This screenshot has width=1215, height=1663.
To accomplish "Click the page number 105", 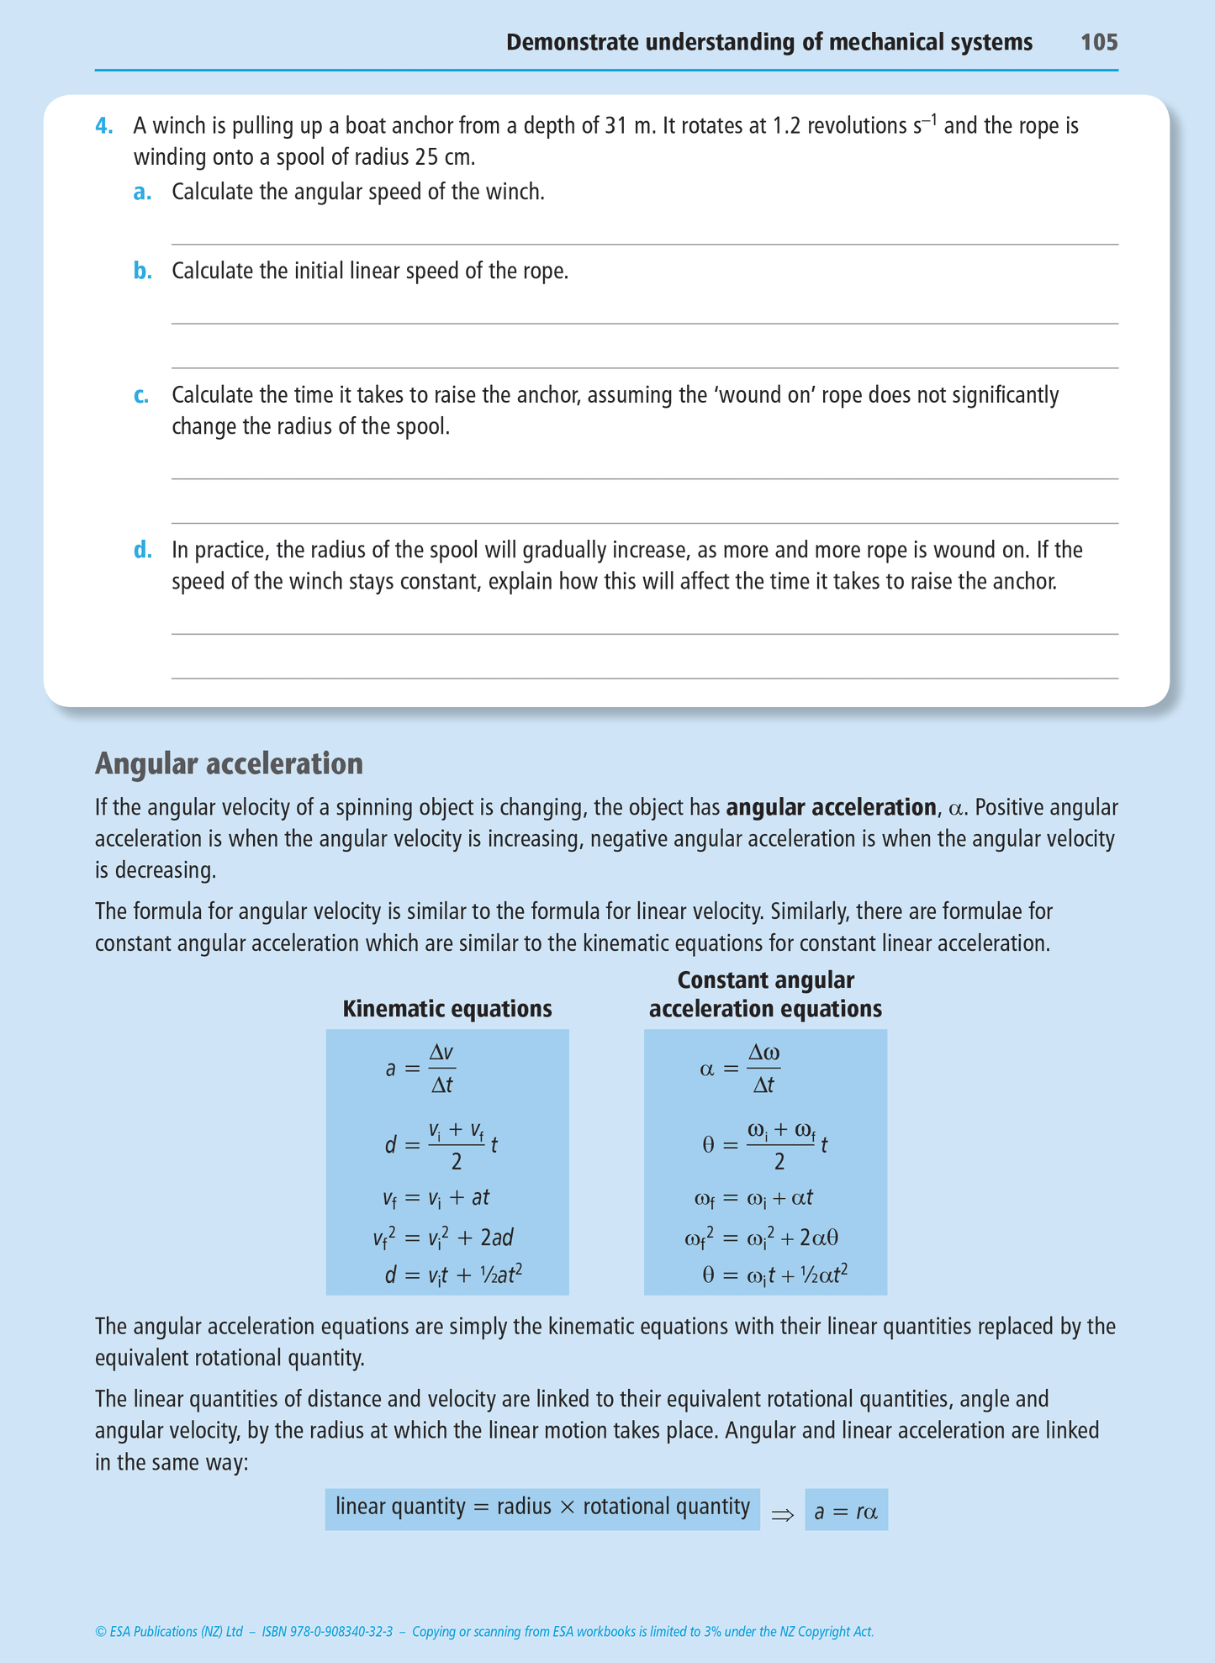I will [1098, 42].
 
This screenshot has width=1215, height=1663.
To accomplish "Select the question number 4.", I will [103, 126].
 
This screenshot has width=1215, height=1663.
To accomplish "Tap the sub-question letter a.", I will [142, 193].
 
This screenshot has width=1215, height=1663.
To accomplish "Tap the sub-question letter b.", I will [142, 271].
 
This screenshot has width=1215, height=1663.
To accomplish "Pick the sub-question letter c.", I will [141, 395].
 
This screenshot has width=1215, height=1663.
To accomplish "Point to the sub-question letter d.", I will [142, 550].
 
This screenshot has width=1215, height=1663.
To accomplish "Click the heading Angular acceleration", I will [229, 763].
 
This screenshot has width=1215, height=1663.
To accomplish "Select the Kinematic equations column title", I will [446, 1008].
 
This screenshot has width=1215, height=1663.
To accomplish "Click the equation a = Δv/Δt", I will [420, 1069].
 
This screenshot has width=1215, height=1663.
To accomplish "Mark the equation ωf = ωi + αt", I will [753, 1198].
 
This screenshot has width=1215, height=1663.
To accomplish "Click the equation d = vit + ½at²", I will [453, 1275].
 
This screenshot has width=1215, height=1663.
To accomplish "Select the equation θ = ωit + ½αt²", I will [774, 1275].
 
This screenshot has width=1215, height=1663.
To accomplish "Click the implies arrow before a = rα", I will [782, 1514].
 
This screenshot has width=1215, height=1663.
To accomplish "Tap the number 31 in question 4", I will [616, 126].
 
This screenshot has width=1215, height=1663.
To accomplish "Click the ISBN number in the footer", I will [327, 1632].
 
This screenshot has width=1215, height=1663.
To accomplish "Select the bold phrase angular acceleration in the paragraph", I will [831, 808].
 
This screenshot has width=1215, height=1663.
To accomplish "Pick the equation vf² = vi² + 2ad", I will [443, 1238].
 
